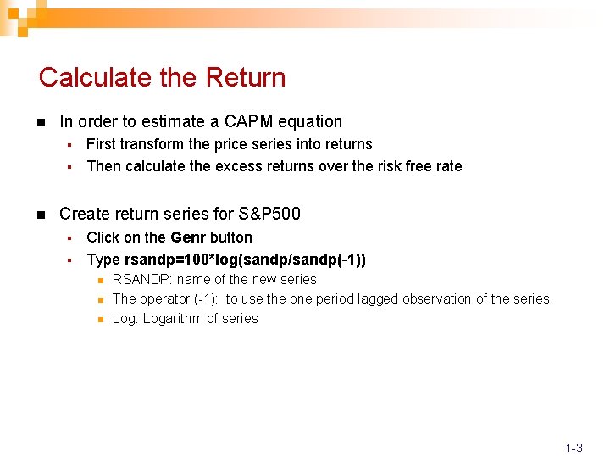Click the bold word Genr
188,237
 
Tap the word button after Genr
231,237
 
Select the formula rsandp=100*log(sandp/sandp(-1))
246,260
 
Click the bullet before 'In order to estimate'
42,122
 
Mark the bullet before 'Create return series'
42,215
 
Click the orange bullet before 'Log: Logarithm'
99,320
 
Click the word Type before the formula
103,260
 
